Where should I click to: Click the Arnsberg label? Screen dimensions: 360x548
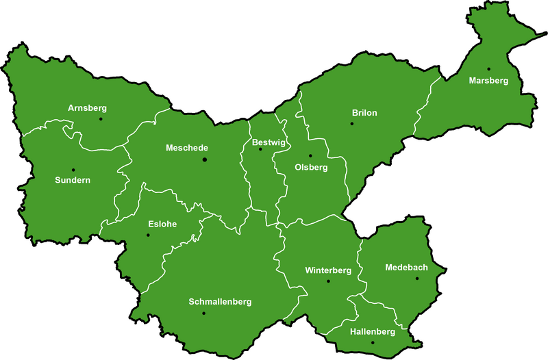tap(88, 108)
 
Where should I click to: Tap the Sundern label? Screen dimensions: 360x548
tap(73, 181)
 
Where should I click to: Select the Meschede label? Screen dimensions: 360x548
tap(187, 148)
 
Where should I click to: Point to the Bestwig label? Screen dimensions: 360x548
tap(269, 142)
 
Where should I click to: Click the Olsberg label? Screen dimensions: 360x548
tap(311, 167)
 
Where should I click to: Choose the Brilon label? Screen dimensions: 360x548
tap(364, 113)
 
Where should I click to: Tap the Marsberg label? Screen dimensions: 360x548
tap(489, 81)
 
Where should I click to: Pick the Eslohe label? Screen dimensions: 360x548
tap(162, 224)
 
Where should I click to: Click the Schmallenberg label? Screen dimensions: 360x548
tap(220, 302)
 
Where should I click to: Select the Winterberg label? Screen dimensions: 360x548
tap(328, 270)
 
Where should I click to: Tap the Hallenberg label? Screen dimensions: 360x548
tap(373, 332)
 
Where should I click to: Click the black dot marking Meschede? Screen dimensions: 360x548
tap(204, 159)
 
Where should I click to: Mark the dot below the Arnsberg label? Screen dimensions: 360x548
tap(101, 119)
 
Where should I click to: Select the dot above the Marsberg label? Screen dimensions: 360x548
tap(489, 68)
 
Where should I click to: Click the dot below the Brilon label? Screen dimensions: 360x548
tap(352, 124)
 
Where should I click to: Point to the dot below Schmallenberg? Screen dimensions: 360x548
tap(203, 313)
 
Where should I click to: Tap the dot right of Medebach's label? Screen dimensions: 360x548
tap(417, 278)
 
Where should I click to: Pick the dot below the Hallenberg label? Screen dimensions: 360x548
tap(373, 342)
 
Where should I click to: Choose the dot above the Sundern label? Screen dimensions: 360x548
tap(73, 170)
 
